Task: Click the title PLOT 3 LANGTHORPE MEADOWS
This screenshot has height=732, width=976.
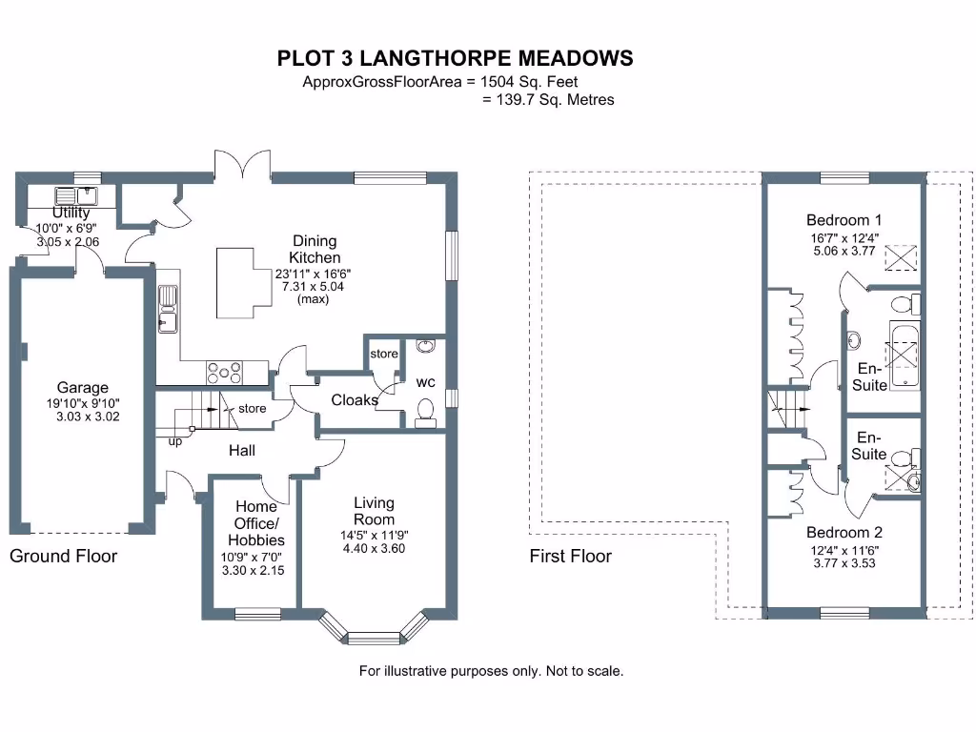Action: (455, 59)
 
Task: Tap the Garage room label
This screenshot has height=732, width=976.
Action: (82, 388)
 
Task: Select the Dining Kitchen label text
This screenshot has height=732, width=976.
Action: (315, 250)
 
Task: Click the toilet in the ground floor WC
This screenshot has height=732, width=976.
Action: (425, 411)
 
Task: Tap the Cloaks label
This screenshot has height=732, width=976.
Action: (354, 400)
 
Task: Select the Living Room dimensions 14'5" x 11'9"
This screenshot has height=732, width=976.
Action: (374, 535)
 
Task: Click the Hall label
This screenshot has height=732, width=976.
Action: (241, 450)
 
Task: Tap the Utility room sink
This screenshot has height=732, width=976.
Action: (70, 196)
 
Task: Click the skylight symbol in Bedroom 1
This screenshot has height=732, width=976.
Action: (900, 256)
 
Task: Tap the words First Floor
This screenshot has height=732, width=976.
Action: (570, 557)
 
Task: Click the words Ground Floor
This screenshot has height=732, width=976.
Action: (63, 556)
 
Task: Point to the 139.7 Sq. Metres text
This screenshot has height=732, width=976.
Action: (548, 99)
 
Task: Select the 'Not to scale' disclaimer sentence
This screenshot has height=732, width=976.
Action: (491, 671)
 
